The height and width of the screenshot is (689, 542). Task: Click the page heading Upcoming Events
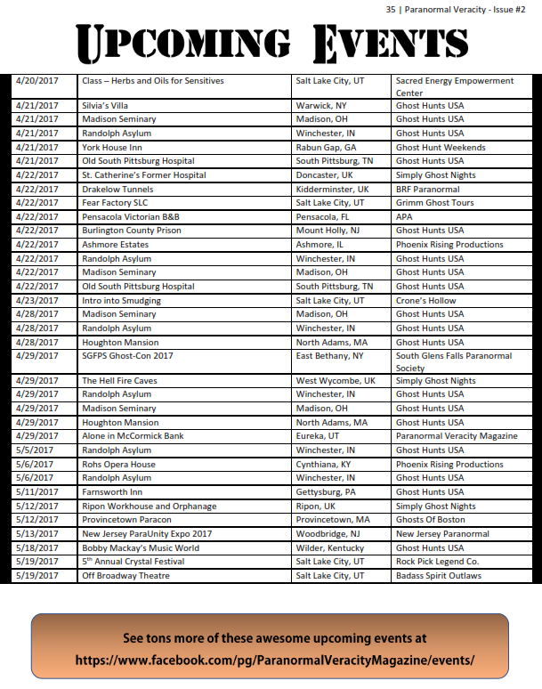tap(271, 42)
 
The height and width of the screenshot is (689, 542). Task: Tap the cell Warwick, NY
tap(321, 105)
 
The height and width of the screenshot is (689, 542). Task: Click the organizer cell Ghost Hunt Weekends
tap(441, 147)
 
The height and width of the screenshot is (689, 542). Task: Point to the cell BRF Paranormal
tap(428, 189)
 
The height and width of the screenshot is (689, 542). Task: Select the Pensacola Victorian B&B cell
tap(130, 216)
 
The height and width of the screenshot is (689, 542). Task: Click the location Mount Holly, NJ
tap(329, 231)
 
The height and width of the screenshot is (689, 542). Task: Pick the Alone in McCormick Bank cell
tap(133, 436)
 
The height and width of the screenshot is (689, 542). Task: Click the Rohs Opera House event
tap(118, 464)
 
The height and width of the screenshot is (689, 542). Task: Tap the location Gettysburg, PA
tap(326, 491)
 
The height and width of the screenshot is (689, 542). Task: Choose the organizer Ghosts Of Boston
tap(431, 520)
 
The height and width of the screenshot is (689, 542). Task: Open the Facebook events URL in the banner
tap(275, 661)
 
